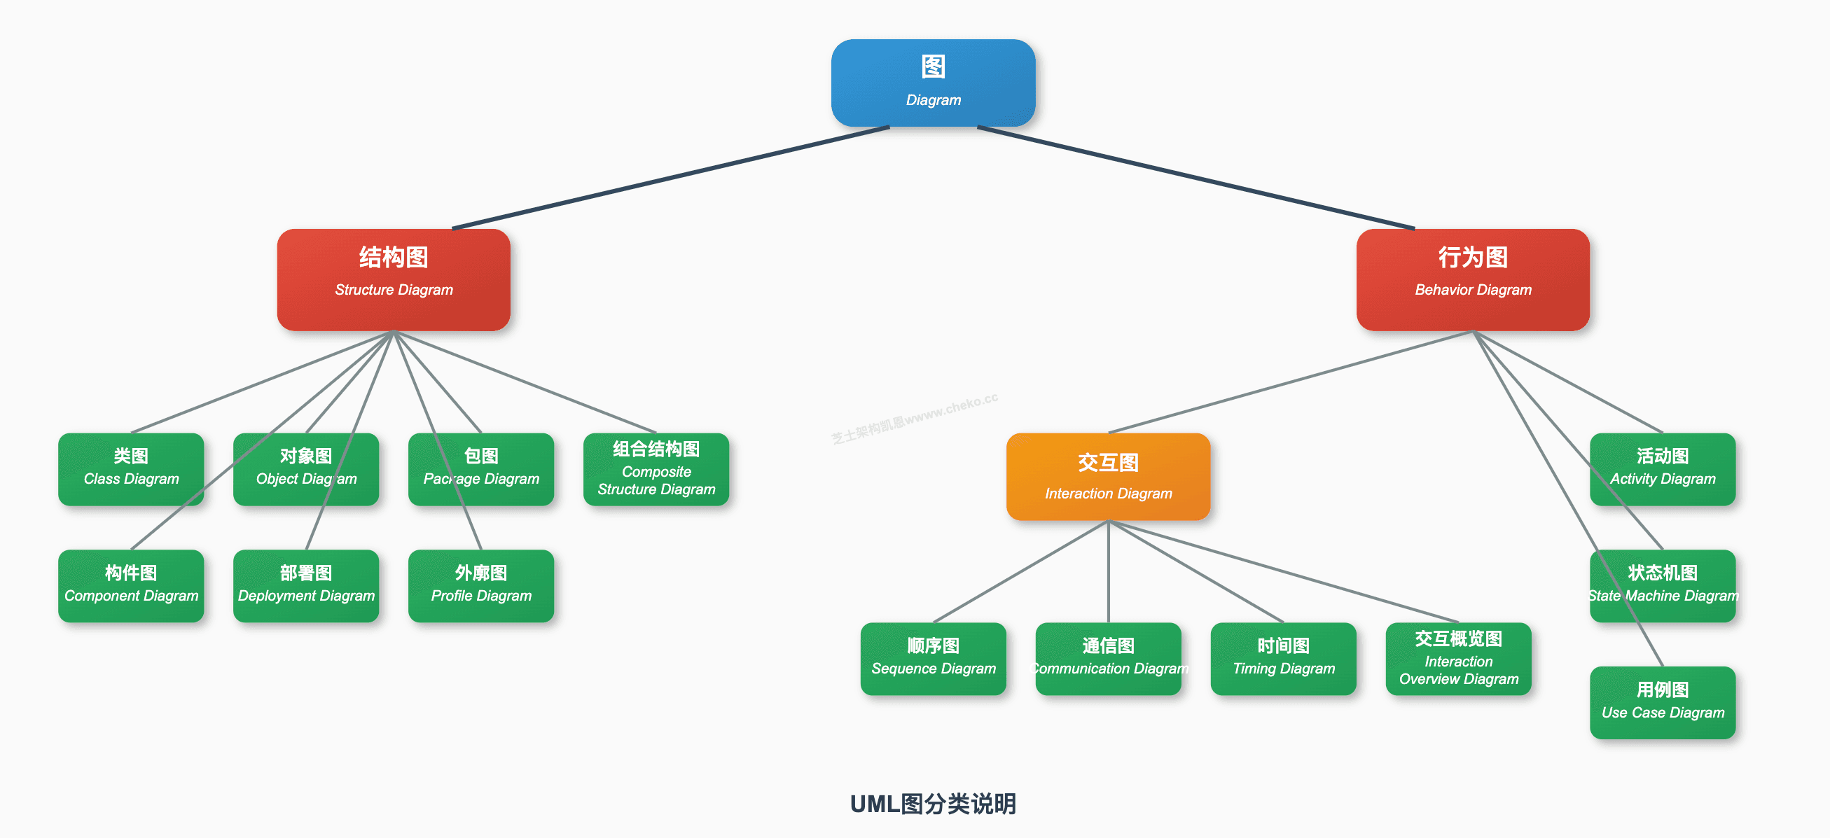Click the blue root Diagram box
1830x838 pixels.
(x=933, y=83)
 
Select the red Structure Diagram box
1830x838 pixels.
(x=394, y=279)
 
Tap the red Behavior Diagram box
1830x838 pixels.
(x=1473, y=279)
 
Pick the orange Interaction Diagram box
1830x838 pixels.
(x=1108, y=477)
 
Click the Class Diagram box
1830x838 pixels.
(x=131, y=469)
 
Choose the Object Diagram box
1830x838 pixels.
(x=305, y=469)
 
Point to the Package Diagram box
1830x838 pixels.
(x=481, y=469)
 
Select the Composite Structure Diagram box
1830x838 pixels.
(x=656, y=469)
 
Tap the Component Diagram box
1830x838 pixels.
(x=131, y=585)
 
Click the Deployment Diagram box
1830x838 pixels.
(x=305, y=585)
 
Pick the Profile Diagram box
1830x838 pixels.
(x=481, y=585)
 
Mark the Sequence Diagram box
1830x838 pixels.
(x=933, y=658)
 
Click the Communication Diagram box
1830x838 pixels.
(x=1108, y=658)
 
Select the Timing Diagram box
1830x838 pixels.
(x=1283, y=658)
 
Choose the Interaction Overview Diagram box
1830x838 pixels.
(x=1458, y=658)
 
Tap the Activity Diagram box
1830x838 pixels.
(x=1663, y=469)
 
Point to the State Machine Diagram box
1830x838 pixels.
(x=1663, y=585)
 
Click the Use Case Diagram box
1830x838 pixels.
(x=1663, y=702)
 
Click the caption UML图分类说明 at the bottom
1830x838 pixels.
(x=933, y=804)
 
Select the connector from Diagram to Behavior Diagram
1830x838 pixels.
(x=1196, y=178)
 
